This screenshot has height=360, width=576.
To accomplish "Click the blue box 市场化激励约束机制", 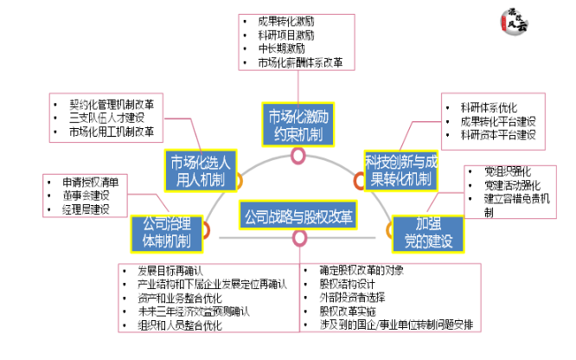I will click(x=298, y=125).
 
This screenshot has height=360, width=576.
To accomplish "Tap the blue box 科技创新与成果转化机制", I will click(x=399, y=169).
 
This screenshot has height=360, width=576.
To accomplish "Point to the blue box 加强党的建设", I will click(x=421, y=231).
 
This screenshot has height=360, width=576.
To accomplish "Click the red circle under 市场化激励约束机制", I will click(x=298, y=155).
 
